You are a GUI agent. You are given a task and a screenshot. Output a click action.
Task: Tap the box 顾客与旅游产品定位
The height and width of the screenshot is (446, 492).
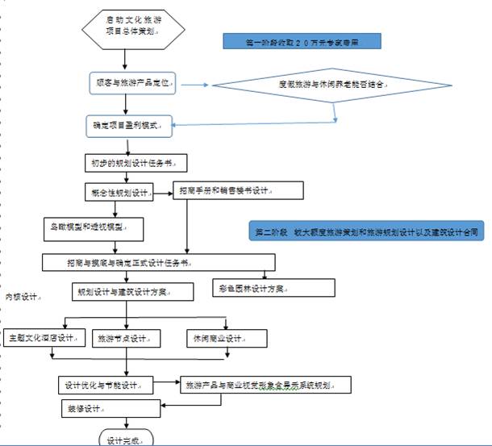tap(135, 84)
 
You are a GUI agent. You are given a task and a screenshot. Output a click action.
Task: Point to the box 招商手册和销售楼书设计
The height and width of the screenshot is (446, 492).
tap(239, 191)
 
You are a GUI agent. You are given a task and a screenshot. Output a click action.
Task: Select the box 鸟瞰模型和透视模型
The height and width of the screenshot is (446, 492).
tap(93, 228)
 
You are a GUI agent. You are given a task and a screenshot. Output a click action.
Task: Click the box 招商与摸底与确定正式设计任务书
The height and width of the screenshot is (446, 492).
tap(158, 263)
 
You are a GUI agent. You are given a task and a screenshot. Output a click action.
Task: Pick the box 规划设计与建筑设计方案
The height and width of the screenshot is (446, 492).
tap(134, 291)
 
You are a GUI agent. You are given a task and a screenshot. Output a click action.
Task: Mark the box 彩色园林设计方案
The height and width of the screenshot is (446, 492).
tap(275, 288)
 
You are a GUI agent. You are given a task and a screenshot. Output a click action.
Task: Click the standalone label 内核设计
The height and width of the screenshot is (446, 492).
tap(22, 298)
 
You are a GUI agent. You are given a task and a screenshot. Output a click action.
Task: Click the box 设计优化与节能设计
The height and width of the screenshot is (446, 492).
tap(106, 385)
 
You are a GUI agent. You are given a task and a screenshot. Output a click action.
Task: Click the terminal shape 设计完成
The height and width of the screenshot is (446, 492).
tap(125, 439)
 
